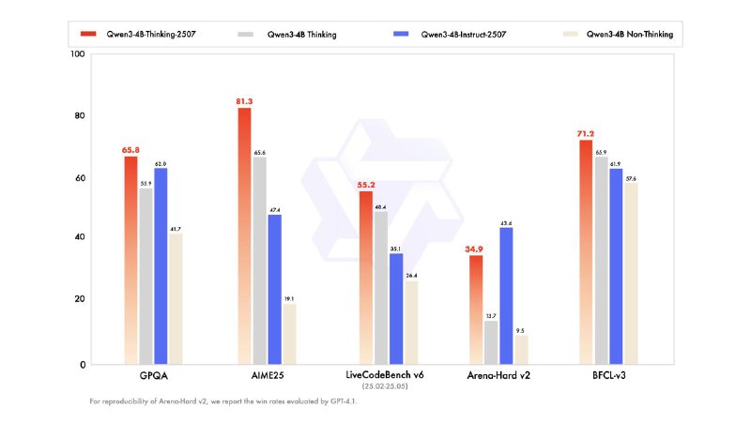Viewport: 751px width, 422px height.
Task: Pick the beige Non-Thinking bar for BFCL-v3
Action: [630, 272]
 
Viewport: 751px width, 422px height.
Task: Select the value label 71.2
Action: [598, 133]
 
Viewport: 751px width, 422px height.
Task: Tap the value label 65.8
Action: [131, 149]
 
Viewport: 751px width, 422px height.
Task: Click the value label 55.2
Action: [366, 185]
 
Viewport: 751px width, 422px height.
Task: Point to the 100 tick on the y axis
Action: [78, 54]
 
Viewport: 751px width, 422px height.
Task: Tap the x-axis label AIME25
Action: [264, 376]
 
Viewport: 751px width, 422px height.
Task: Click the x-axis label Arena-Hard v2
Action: [498, 376]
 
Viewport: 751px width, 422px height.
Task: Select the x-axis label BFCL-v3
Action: [616, 376]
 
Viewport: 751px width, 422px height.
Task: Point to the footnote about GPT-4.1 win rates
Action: [224, 401]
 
